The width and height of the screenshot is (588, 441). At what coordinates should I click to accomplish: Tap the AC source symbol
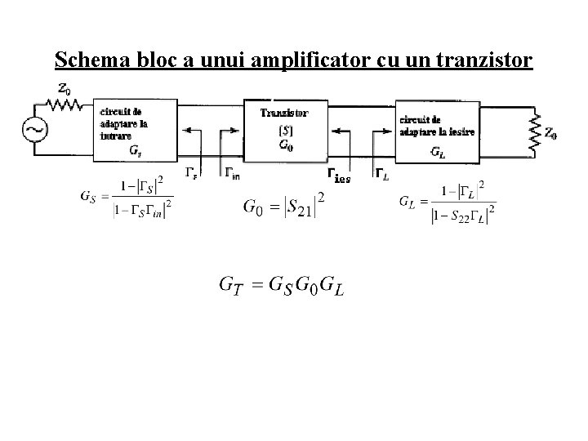pos(37,129)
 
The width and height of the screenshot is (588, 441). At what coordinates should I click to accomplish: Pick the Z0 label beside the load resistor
pos(552,134)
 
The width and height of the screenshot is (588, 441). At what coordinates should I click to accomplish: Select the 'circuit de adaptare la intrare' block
pos(136,128)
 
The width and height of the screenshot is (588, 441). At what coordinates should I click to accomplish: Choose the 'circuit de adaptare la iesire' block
pos(437,129)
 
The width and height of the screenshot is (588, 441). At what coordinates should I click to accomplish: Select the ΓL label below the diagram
pos(381,172)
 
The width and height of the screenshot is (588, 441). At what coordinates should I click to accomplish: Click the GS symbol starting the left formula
pos(87,197)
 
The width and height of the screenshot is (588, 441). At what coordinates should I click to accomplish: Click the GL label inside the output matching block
pos(438,153)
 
